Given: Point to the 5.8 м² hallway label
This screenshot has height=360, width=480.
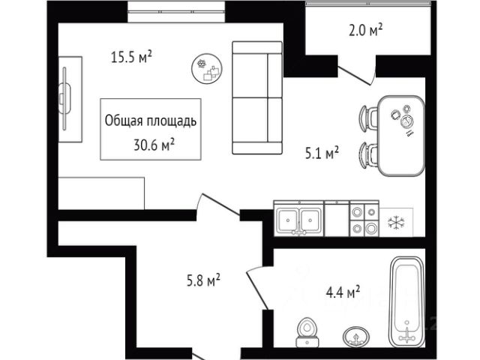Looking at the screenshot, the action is (202, 281).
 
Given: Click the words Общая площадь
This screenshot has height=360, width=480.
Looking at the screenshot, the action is (151, 120).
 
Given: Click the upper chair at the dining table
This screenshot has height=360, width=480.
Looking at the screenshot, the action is (368, 118).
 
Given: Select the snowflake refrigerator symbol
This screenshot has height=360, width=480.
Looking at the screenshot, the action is (394, 223).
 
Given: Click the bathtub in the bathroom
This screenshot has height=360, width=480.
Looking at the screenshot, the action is (406, 300).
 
